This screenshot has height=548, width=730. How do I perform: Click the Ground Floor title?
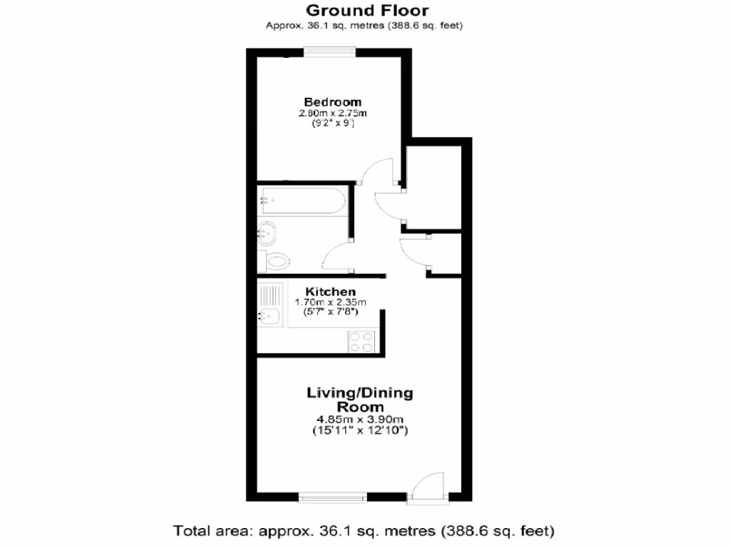coord(367,10)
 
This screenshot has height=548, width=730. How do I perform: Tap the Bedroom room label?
coord(333,102)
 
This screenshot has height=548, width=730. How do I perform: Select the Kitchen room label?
coord(331,292)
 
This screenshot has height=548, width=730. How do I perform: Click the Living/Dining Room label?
coord(359,399)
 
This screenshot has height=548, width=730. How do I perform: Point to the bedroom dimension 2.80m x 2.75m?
coord(332,113)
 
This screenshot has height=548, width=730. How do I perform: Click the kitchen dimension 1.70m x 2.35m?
coord(330,303)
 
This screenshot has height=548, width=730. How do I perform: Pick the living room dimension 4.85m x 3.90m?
coord(359,419)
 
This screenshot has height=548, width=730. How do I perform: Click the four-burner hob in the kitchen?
coord(361,342)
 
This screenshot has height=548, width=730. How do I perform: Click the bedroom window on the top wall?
coord(329,50)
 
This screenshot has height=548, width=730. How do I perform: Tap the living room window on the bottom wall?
coord(332,496)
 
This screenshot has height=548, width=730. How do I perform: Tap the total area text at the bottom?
coord(364,531)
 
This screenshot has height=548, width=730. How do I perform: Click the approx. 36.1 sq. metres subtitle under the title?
coord(364,26)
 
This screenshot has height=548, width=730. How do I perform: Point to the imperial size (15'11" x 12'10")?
coord(359,430)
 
